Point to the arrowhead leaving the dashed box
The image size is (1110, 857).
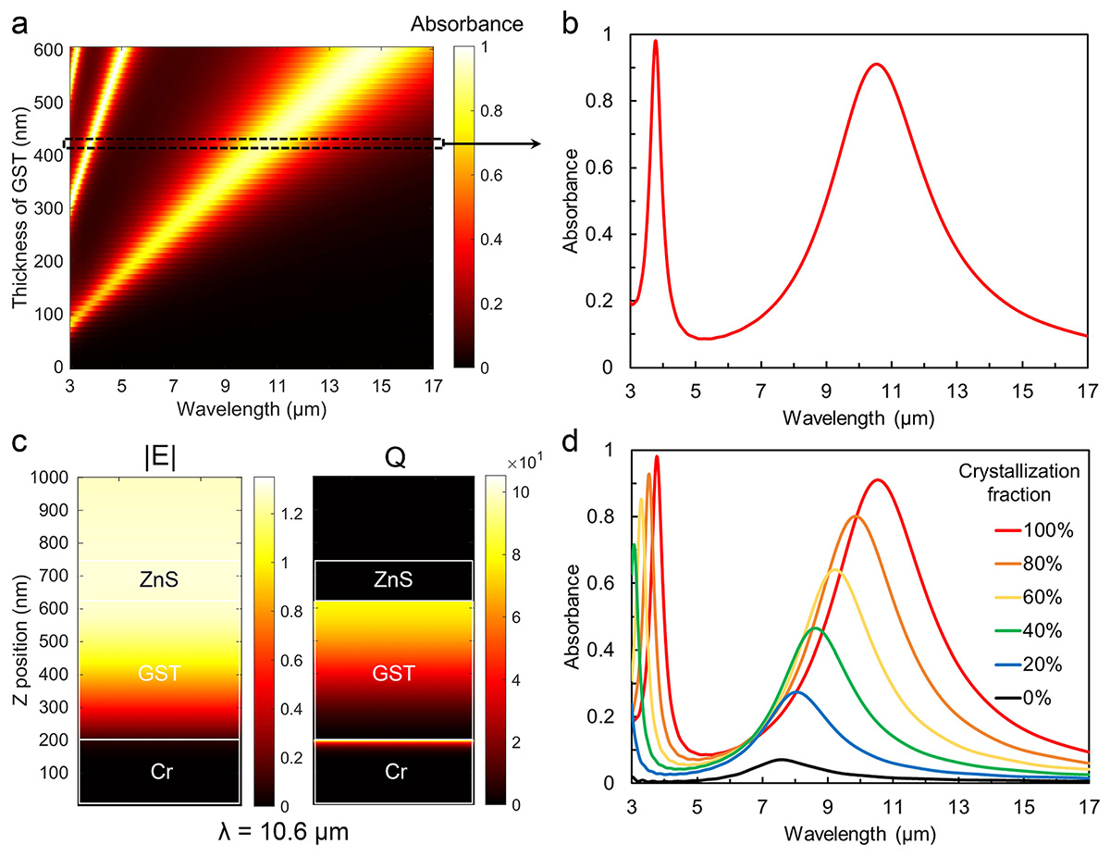pyautogui.click(x=537, y=143)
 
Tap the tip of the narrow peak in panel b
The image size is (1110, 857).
pyautogui.click(x=655, y=41)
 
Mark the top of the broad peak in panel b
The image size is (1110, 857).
pyautogui.click(x=875, y=65)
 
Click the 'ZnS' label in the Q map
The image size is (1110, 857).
pyautogui.click(x=394, y=579)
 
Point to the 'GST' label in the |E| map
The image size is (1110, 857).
pyautogui.click(x=158, y=672)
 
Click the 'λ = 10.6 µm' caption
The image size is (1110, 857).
pyautogui.click(x=275, y=831)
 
